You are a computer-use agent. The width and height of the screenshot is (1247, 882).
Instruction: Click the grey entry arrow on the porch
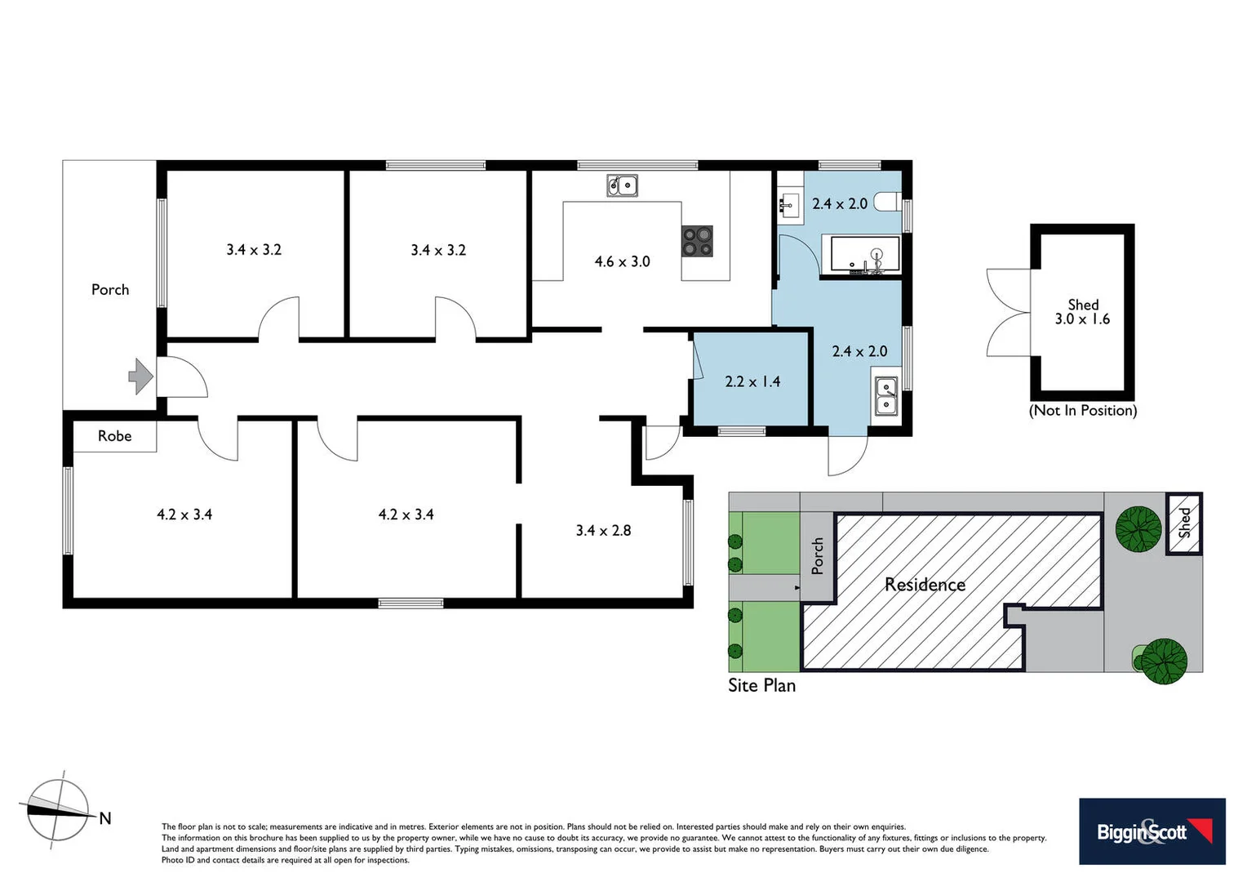click(x=140, y=376)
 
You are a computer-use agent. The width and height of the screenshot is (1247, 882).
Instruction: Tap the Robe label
click(x=114, y=436)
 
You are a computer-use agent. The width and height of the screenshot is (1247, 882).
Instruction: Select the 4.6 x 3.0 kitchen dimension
click(x=622, y=261)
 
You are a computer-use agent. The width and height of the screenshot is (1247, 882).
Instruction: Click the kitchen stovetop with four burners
click(x=697, y=241)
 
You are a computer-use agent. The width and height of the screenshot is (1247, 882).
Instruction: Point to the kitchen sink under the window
click(x=622, y=186)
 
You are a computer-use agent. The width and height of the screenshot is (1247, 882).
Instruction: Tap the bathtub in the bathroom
click(x=865, y=254)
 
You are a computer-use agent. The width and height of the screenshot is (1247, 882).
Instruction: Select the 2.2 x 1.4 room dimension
click(x=752, y=381)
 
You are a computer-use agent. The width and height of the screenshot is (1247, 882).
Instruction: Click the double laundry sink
click(x=885, y=396)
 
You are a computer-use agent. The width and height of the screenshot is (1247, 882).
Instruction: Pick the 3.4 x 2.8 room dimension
click(x=603, y=530)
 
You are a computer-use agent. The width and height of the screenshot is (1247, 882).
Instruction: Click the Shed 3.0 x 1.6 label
click(x=1082, y=312)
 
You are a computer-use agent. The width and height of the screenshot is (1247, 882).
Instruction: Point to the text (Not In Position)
click(x=1082, y=410)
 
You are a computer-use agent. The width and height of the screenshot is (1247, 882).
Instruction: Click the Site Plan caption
click(x=761, y=685)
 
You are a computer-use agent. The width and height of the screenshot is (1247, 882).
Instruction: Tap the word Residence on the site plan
click(x=925, y=585)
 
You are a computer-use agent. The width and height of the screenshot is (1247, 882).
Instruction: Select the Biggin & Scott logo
click(x=1152, y=831)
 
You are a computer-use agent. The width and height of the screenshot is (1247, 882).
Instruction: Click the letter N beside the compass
click(x=104, y=818)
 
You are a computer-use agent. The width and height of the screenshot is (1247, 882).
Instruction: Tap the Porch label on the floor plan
click(x=110, y=289)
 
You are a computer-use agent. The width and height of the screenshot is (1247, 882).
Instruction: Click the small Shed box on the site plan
click(x=1183, y=523)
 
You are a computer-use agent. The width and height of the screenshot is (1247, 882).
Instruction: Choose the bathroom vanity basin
click(x=788, y=204)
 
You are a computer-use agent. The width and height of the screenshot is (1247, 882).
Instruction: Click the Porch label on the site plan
click(x=818, y=555)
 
